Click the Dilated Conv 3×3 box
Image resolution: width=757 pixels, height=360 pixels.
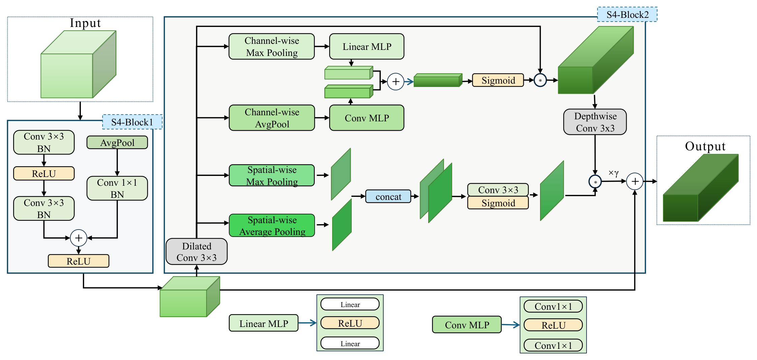coord(196,251)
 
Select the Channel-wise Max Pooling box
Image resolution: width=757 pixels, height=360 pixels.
coord(272,47)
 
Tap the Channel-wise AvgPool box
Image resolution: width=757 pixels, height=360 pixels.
coord(272,118)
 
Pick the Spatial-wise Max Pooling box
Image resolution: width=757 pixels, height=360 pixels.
coord(272,175)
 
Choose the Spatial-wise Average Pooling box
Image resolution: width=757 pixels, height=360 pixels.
coord(272,226)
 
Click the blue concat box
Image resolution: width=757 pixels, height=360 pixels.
coord(388,196)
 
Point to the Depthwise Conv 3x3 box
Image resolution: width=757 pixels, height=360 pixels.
coord(595,122)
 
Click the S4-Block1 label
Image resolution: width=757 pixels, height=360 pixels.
coord(132,122)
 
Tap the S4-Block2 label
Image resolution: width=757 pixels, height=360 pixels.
coord(627,14)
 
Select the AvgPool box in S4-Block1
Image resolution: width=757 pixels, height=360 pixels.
coord(117,142)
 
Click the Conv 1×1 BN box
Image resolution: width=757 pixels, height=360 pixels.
coord(117,188)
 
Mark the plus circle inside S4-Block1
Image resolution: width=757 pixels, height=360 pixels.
coord(78,238)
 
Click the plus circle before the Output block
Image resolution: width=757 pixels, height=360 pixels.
coord(635,181)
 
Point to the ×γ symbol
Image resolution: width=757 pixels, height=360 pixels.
coord(613,173)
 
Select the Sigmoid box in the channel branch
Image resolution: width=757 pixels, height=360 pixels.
coord(498,80)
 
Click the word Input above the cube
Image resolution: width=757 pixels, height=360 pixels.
coord(85,23)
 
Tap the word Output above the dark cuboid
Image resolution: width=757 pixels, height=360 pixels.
coord(705,146)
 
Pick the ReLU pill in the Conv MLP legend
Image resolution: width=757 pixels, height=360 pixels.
coord(553,325)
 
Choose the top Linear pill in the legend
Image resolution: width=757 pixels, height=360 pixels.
coord(350,304)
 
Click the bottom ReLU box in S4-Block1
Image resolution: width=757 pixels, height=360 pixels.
coord(78,261)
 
